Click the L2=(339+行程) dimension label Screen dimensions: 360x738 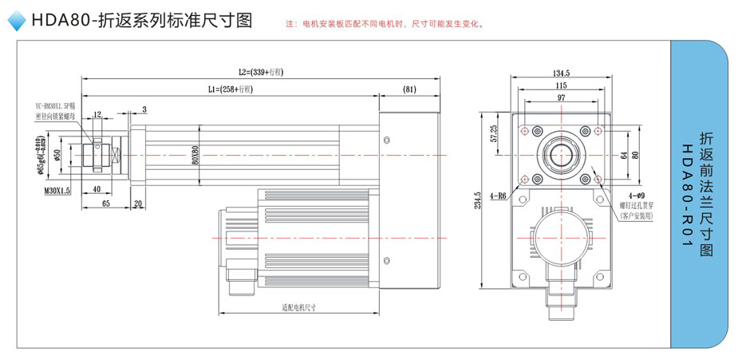262,73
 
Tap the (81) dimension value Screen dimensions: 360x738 409,89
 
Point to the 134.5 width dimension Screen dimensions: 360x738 560,71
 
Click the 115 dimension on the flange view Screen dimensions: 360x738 560,85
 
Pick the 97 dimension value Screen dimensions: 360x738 560,97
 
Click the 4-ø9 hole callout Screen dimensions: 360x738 636,196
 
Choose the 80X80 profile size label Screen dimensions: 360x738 195,155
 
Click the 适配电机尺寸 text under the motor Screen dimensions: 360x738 299,307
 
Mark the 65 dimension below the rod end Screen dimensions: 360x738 105,205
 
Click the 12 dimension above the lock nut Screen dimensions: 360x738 97,114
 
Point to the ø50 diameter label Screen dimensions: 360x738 57,153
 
